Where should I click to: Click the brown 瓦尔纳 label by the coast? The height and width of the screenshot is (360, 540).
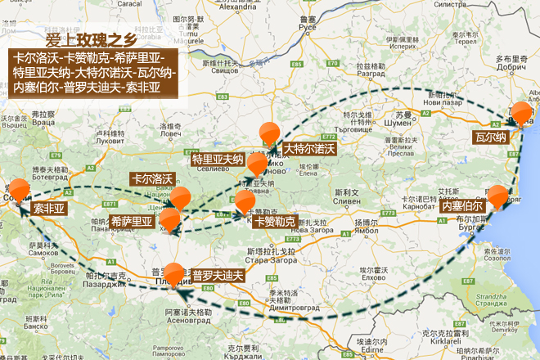click(491, 137)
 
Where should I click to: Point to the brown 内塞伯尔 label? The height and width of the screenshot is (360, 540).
click(463, 207)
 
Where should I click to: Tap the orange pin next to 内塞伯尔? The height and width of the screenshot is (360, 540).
click(497, 196)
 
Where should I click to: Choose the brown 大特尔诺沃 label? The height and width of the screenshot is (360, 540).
click(309, 149)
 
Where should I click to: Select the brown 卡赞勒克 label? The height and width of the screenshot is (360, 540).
click(274, 221)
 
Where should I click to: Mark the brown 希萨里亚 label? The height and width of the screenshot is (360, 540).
click(132, 221)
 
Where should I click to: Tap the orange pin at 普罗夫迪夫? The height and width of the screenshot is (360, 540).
click(174, 273)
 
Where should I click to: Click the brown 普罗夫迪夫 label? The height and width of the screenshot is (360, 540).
click(218, 274)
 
